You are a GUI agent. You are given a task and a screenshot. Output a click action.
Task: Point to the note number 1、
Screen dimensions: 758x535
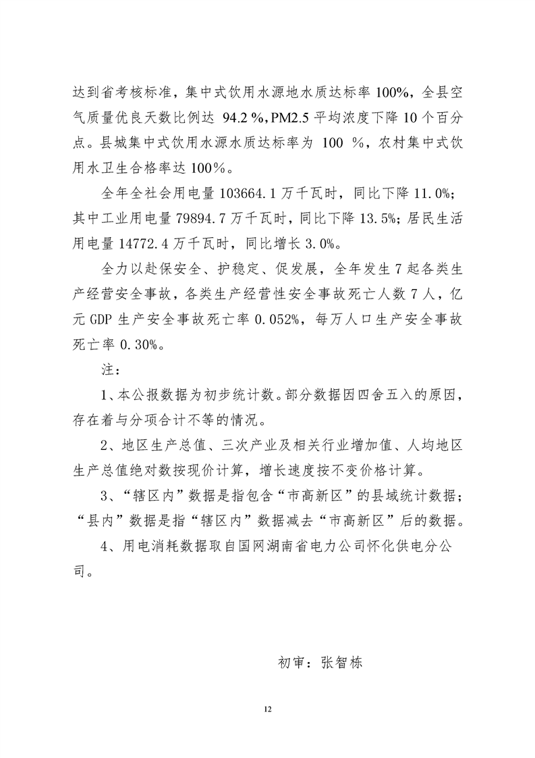[108, 395]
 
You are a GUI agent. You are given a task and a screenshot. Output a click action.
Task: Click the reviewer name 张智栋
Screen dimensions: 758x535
[342, 663]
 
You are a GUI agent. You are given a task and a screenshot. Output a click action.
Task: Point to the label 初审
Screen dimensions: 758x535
[291, 663]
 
